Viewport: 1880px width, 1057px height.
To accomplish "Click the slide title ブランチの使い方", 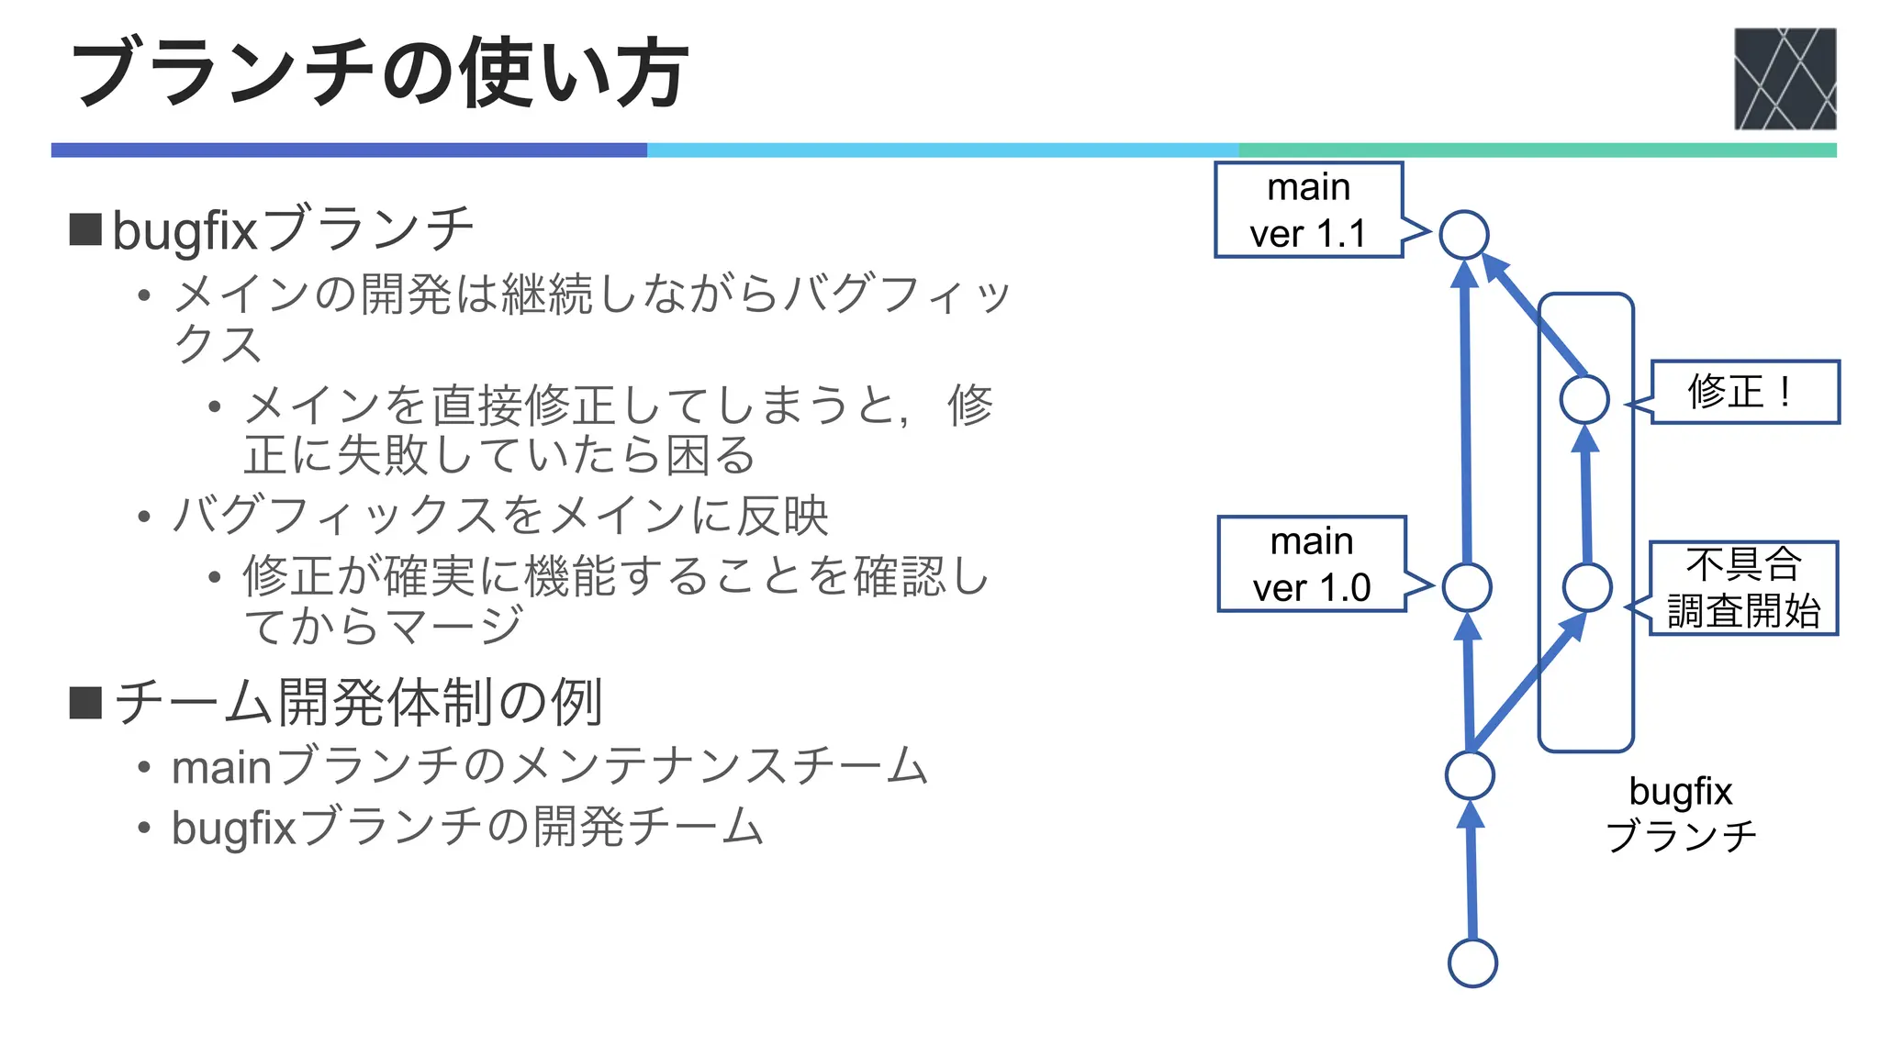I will click(x=379, y=73).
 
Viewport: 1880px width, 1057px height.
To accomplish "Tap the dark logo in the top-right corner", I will click(x=1785, y=79).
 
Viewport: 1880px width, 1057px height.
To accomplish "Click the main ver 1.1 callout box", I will click(x=1308, y=210).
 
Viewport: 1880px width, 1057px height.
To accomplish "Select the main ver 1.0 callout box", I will click(x=1311, y=564).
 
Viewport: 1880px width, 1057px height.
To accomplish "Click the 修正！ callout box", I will click(x=1745, y=392).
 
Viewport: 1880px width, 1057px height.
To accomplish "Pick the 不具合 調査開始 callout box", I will click(x=1743, y=588).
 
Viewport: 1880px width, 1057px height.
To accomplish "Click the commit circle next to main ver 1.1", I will click(x=1463, y=235).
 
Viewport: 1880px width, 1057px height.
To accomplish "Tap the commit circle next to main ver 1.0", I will click(x=1466, y=587).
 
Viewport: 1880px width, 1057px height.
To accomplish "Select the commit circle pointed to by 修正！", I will click(x=1584, y=399).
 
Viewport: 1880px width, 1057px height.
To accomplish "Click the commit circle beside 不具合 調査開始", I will click(x=1586, y=587).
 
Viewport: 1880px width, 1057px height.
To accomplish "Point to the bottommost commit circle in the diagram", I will click(x=1472, y=962).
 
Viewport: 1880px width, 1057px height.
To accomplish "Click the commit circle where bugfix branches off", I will click(x=1470, y=775).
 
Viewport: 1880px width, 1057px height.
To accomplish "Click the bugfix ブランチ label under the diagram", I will click(x=1680, y=813).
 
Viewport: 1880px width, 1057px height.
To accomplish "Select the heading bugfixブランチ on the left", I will click(x=292, y=230).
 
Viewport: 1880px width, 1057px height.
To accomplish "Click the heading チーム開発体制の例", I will click(x=358, y=703).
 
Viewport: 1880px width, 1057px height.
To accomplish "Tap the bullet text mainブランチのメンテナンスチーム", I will click(x=549, y=766).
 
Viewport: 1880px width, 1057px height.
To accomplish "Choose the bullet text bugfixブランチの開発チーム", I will click(x=466, y=827).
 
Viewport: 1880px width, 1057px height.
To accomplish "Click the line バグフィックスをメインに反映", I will click(x=500, y=515).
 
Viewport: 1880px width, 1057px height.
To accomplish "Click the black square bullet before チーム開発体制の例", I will click(x=85, y=703).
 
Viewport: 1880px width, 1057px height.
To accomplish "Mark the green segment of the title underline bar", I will click(x=1537, y=150).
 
